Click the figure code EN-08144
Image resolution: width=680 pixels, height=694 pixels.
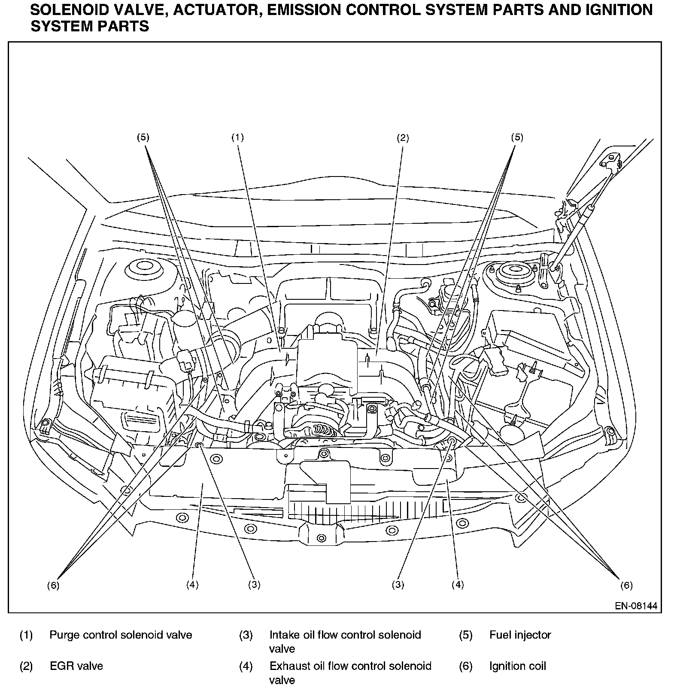point(636,606)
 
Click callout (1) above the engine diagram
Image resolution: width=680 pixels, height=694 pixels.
point(237,137)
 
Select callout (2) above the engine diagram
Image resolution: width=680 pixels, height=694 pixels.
point(403,138)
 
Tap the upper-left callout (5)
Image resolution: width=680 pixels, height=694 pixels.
point(143,137)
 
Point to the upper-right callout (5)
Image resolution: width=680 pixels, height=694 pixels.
point(517,137)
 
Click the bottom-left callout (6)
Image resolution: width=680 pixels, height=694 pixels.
point(53,585)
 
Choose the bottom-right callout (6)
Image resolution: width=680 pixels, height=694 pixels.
point(626,585)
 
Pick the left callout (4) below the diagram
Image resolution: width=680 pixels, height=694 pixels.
point(192,584)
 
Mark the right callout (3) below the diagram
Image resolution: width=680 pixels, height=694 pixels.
point(398,584)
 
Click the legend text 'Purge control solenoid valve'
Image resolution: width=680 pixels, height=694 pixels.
point(121,635)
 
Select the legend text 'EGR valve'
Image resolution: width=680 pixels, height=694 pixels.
point(76,666)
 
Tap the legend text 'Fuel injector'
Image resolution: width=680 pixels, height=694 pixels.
point(520,635)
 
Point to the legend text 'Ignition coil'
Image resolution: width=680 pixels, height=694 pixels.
point(517,666)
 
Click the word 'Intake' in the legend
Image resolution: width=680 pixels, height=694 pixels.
point(283,635)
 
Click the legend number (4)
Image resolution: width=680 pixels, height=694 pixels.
point(246,667)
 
